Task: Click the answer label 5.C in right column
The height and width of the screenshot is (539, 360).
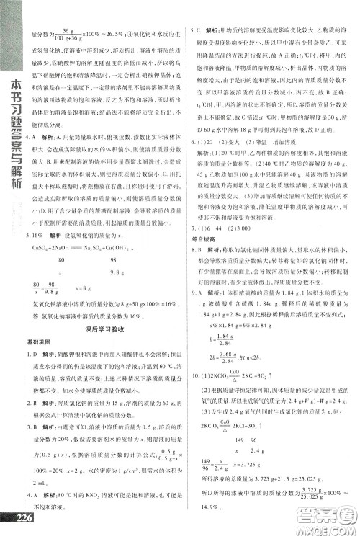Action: [195, 31]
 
